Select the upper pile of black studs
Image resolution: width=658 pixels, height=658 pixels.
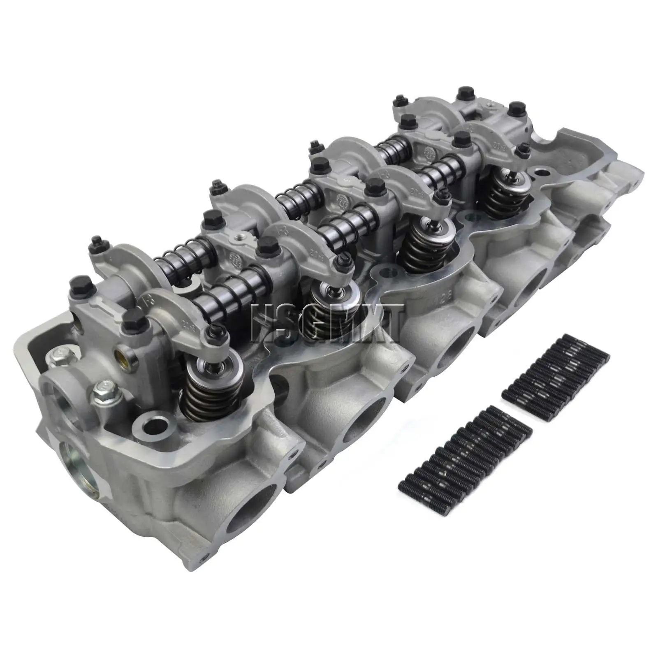[x=555, y=376]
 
